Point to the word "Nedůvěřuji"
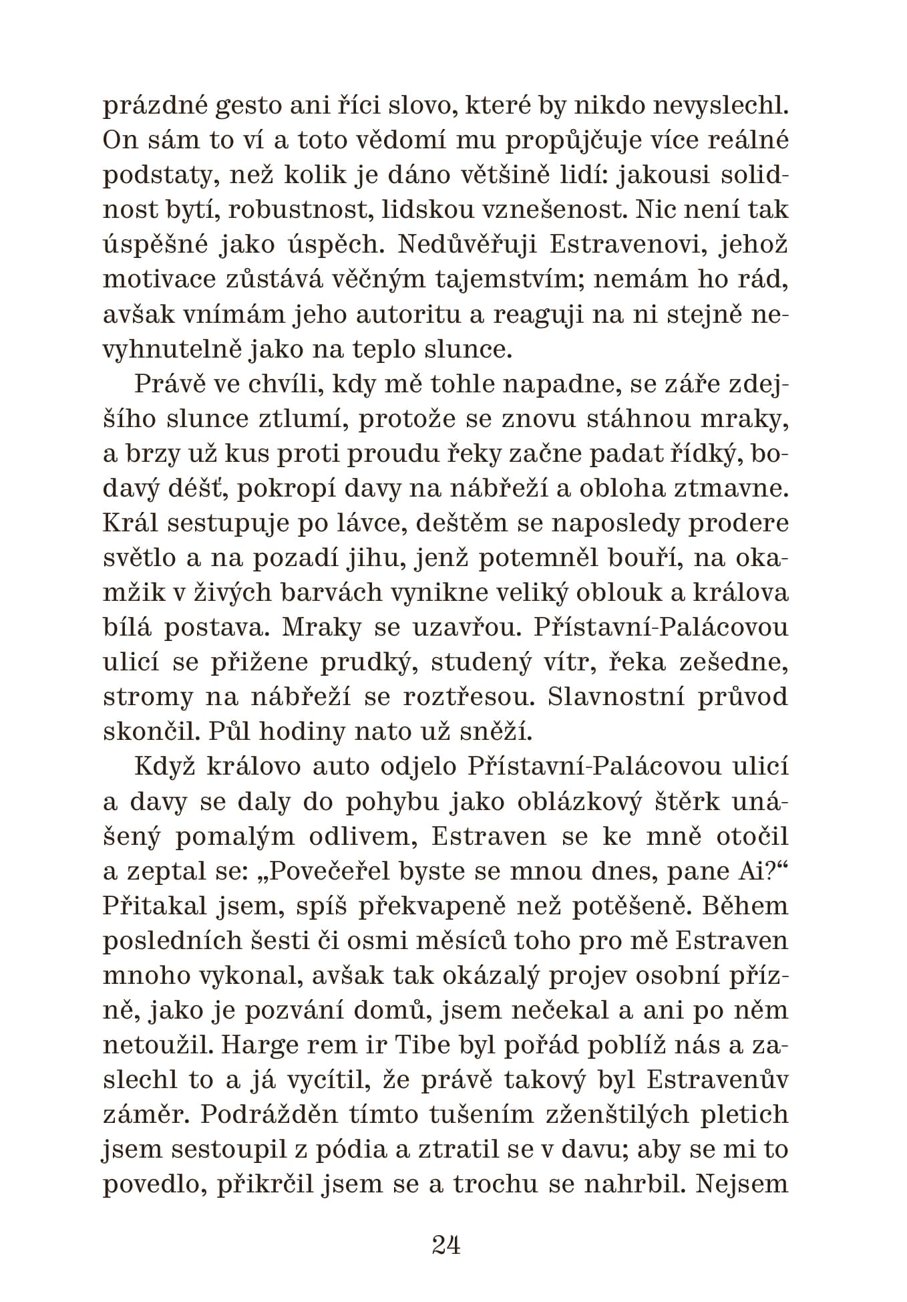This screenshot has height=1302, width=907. (466, 245)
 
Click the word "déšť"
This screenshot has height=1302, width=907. (198, 489)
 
